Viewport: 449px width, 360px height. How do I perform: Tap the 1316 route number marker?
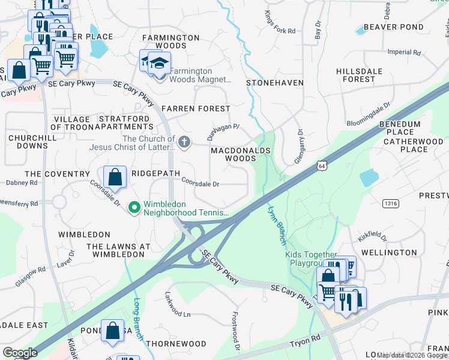point(391,204)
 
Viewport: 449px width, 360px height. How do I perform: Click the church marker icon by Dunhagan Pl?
point(185,142)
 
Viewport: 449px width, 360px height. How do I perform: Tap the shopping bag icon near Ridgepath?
point(115,177)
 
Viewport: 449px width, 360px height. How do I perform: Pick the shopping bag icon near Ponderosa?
point(113,331)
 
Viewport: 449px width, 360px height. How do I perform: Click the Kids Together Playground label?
point(313,259)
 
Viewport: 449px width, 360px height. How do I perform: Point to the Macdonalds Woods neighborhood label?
point(241,154)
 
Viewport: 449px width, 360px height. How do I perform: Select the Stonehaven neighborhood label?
point(275,82)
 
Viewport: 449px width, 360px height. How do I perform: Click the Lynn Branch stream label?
point(276,225)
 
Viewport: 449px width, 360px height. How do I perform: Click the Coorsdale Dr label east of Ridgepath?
point(200,184)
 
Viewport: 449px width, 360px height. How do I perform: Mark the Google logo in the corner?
point(20,353)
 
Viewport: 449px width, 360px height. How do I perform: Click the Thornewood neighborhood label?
point(176,344)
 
